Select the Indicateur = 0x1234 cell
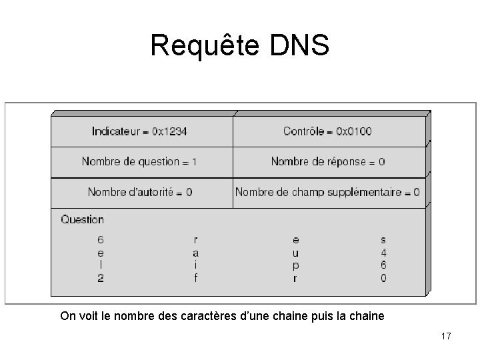tap(139, 131)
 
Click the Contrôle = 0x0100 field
tap(327, 131)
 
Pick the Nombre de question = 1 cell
tap(139, 161)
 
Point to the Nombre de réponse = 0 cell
tap(327, 161)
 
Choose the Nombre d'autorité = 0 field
tap(139, 192)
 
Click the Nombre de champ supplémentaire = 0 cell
tap(327, 192)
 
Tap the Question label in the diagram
tap(83, 219)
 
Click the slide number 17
tap(446, 337)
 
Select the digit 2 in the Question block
tap(101, 278)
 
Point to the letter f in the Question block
tap(195, 278)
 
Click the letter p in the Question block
tap(295, 265)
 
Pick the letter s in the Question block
tap(383, 239)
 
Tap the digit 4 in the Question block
tap(383, 253)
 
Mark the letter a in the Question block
tap(195, 253)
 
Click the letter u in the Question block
tap(295, 253)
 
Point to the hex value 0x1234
tap(169, 131)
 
